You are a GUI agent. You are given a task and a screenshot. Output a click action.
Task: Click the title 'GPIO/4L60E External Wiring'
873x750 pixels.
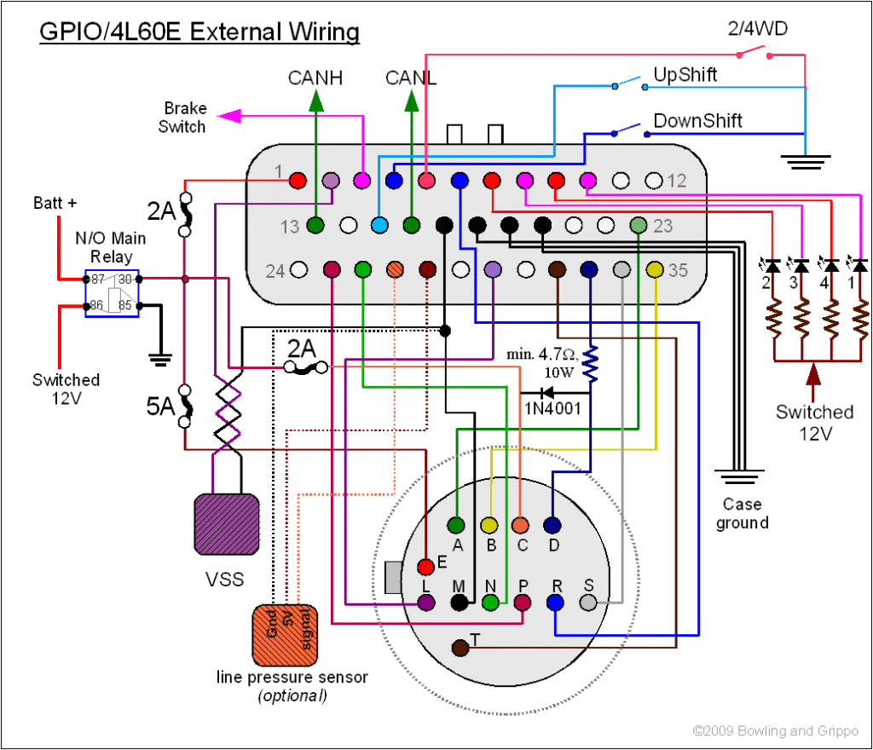(x=199, y=32)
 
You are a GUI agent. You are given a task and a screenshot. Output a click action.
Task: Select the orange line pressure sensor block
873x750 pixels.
(x=286, y=634)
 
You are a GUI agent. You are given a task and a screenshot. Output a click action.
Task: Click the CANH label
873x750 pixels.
(x=315, y=78)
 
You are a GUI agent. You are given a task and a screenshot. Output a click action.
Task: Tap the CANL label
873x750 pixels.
(x=411, y=78)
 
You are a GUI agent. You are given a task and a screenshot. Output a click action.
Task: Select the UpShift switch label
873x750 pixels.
(x=685, y=74)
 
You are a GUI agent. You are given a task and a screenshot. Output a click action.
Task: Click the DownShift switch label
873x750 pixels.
(x=697, y=120)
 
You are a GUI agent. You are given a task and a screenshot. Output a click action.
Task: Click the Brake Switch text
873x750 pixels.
(x=185, y=118)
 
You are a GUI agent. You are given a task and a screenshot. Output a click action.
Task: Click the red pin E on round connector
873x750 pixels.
(x=425, y=567)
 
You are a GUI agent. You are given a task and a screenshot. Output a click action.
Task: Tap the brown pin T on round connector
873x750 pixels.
(x=460, y=648)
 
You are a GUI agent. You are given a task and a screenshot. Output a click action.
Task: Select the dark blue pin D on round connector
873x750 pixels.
(x=552, y=525)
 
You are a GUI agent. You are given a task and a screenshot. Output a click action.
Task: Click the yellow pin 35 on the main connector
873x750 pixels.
(x=655, y=270)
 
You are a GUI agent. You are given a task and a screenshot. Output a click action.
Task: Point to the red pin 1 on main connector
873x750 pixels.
(x=298, y=181)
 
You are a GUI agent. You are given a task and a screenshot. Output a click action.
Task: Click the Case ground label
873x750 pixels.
(x=742, y=513)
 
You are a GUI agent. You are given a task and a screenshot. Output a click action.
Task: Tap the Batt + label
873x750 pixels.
(x=55, y=203)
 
